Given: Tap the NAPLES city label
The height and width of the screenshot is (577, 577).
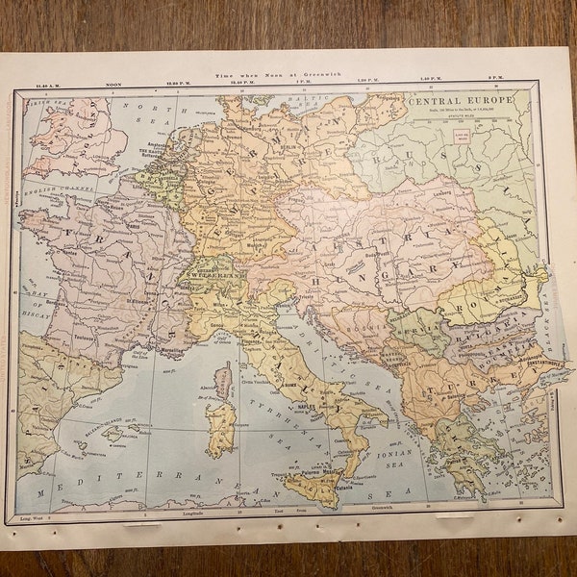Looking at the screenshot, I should pyautogui.click(x=309, y=408).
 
